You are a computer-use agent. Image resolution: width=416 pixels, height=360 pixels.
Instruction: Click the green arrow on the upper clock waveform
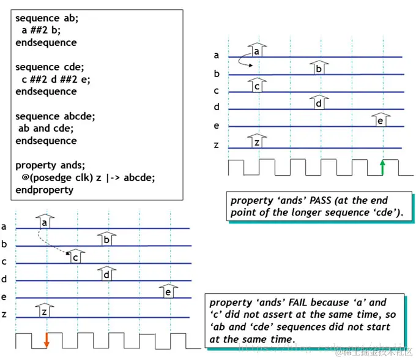point(383,167)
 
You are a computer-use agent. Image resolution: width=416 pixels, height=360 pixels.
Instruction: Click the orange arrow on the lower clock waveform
point(46,340)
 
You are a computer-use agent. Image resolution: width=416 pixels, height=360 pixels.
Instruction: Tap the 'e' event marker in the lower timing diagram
point(168,291)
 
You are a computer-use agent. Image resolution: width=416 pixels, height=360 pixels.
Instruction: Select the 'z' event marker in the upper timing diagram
point(257,141)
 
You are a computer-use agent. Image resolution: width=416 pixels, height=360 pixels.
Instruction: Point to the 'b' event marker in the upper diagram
point(318,67)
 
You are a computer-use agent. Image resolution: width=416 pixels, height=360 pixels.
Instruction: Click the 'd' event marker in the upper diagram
point(318,102)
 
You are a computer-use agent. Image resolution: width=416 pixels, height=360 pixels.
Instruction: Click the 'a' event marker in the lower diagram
point(44,221)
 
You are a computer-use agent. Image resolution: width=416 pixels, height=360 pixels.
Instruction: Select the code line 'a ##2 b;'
point(42,31)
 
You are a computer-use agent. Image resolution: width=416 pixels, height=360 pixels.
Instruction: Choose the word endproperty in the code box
point(44,190)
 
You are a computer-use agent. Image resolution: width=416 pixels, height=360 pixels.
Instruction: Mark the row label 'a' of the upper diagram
point(216,56)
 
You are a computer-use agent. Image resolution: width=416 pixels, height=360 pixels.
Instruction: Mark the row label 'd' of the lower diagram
point(4,279)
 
